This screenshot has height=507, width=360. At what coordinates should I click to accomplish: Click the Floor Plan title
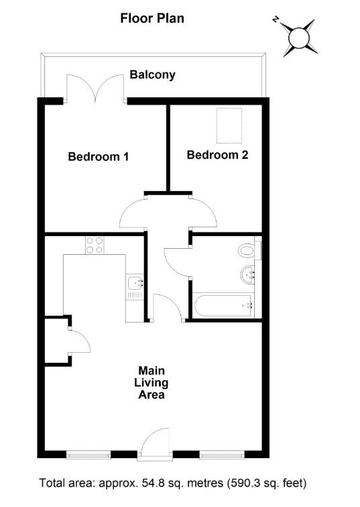pyautogui.click(x=152, y=18)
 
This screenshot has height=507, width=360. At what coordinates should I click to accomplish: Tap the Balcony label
pyautogui.click(x=153, y=74)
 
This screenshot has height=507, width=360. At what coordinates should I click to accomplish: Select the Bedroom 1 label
pyautogui.click(x=99, y=156)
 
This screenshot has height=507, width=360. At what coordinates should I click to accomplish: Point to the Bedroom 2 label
pyautogui.click(x=217, y=155)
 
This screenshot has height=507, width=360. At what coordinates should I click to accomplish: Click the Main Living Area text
pyautogui.click(x=152, y=382)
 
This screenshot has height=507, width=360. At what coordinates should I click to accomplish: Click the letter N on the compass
pyautogui.click(x=276, y=20)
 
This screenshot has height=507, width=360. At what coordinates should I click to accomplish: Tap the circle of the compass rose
pyautogui.click(x=299, y=38)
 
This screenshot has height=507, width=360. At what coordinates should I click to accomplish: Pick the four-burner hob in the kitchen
pyautogui.click(x=95, y=245)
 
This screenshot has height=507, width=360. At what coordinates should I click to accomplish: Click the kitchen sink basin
pyautogui.click(x=135, y=282)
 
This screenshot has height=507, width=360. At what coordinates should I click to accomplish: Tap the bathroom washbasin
pyautogui.click(x=247, y=275)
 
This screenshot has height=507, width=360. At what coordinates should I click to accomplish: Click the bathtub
pyautogui.click(x=223, y=306)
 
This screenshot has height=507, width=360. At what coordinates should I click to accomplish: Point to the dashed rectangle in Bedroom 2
pyautogui.click(x=229, y=125)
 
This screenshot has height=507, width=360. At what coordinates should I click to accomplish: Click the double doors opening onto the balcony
pyautogui.click(x=95, y=89)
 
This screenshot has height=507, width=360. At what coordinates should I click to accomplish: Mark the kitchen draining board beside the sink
pyautogui.click(x=135, y=295)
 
